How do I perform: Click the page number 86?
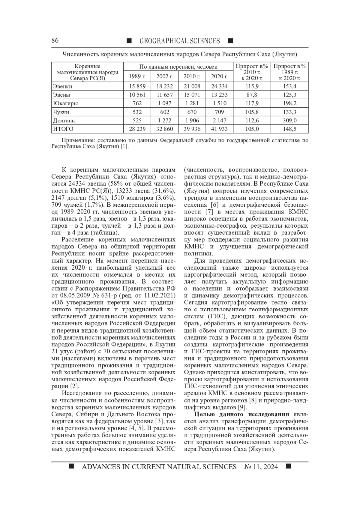coord(55,40)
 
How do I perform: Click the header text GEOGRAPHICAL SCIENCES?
coord(180,41)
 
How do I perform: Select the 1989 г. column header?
coord(137,76)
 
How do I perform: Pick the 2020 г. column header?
coord(219,76)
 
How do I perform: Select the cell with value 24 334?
coord(219,86)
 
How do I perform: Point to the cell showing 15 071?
coord(192,95)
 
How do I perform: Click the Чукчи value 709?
coord(219,112)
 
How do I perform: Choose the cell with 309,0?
coord(289,121)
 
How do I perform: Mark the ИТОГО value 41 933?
coord(219,129)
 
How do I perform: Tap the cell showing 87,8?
coord(252,95)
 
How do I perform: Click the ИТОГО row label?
coord(63,129)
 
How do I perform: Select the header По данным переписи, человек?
coord(178,67)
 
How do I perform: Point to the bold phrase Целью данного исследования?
coord(241,415)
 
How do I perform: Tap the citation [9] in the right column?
coord(242,407)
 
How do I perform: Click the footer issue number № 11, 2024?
coord(261,467)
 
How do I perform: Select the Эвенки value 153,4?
coord(289,86)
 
